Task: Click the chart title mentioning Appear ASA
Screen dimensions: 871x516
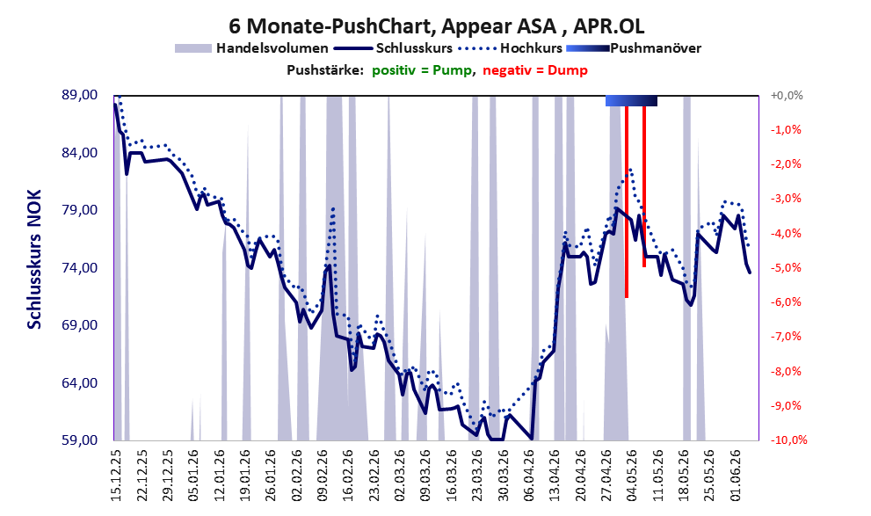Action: coord(437,26)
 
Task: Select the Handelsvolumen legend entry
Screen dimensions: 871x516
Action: coord(251,48)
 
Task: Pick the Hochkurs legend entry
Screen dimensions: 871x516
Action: coord(511,48)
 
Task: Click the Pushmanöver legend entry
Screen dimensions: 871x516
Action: coord(634,48)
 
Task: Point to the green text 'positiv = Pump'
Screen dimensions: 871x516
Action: coord(422,70)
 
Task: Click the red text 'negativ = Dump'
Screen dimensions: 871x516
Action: coord(535,70)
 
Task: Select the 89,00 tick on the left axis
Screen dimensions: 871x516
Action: coord(79,95)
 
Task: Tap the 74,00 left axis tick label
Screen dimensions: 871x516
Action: coord(79,268)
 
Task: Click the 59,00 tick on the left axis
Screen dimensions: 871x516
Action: coord(79,440)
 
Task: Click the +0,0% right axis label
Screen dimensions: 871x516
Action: coord(787,96)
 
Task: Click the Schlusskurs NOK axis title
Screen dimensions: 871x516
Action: coord(34,259)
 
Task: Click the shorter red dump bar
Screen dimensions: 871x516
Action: coord(644,186)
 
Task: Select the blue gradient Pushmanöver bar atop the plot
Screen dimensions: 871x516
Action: coord(632,100)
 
